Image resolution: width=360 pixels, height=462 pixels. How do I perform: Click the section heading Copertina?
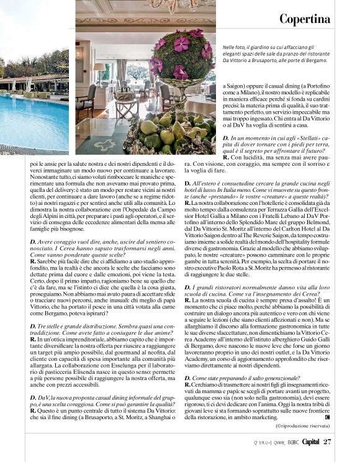click(304, 19)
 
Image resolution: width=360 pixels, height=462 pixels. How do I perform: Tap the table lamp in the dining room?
click(100, 71)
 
